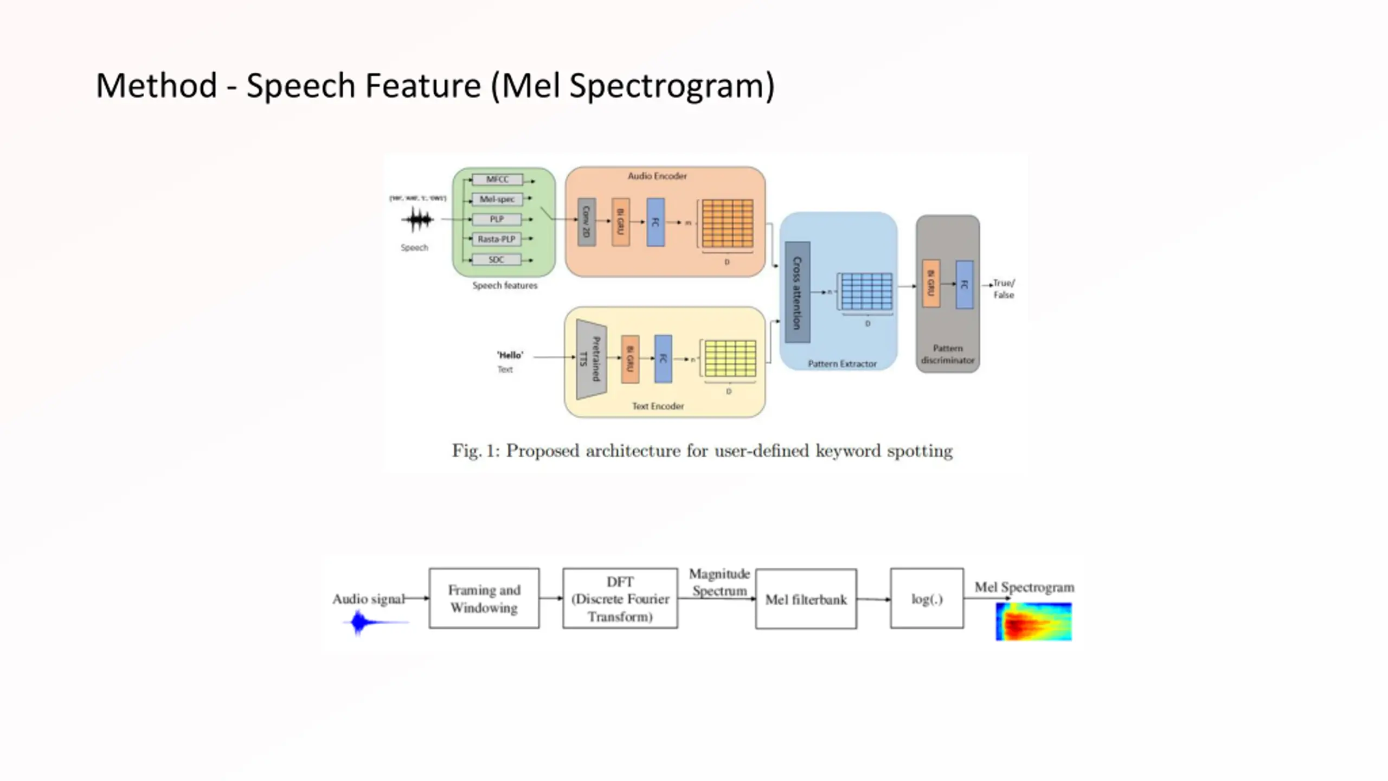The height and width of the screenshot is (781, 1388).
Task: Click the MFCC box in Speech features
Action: pos(497,180)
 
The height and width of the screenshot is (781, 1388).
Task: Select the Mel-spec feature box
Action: pos(497,200)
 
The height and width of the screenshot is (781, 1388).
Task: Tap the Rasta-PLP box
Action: pos(497,239)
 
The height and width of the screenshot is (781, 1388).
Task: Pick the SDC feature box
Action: pos(497,260)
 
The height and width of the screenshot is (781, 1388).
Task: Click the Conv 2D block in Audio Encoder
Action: pos(587,222)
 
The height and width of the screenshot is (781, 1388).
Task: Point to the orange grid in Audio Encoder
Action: pos(727,223)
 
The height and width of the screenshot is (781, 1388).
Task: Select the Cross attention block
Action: pos(798,292)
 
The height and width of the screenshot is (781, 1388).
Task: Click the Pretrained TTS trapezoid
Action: pos(591,359)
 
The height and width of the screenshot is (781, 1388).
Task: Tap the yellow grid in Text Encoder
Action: pos(730,359)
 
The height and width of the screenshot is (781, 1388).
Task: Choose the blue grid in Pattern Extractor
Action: pos(867,292)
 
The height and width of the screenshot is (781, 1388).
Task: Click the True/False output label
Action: pos(1004,289)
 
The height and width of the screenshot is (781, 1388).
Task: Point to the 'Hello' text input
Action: pos(510,356)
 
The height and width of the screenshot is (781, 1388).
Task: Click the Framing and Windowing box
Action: pos(484,599)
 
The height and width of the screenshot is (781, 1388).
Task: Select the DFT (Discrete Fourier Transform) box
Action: pos(620,599)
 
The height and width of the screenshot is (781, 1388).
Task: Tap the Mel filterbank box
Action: pos(806,599)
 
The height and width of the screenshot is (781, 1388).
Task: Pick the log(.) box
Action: pos(927,599)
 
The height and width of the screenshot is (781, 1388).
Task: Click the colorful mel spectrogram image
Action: pos(1034,622)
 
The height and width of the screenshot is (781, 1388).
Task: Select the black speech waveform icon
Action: pos(417,220)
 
